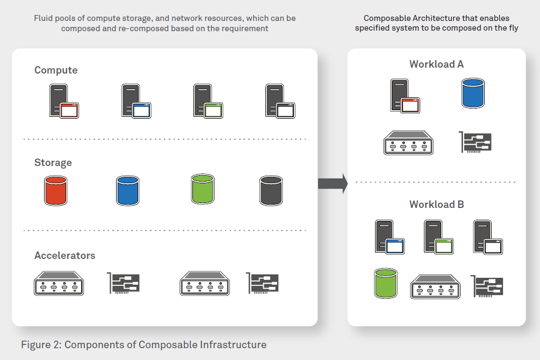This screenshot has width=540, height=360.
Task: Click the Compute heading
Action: [56, 70]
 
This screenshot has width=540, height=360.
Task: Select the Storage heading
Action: [53, 163]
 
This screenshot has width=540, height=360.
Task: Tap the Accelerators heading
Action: [64, 256]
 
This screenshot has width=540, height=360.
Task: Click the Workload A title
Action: [436, 64]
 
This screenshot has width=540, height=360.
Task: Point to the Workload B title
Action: [436, 205]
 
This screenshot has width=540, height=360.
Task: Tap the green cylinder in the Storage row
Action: [202, 189]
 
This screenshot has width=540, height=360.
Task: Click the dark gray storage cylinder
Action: [271, 191]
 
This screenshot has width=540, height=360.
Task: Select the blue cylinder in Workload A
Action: [473, 93]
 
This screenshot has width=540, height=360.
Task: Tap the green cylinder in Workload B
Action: [386, 284]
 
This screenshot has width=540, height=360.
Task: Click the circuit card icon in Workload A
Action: [476, 142]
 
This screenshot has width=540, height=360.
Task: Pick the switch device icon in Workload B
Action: [435, 286]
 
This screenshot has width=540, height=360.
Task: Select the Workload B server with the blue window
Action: [389, 237]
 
